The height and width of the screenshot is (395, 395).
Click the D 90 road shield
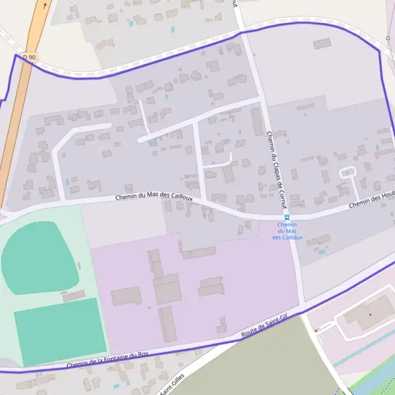pyautogui.click(x=29, y=58)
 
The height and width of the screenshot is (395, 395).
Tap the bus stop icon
pyautogui.click(x=286, y=218)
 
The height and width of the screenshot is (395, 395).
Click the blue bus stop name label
pyautogui.click(x=287, y=231)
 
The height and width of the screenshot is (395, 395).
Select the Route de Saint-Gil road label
pyautogui.click(x=265, y=328)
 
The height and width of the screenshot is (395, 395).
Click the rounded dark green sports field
pyautogui.click(x=39, y=257)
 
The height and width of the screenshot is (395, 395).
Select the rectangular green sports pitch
pyautogui.click(x=60, y=331)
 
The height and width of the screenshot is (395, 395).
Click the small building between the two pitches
pyautogui.click(x=73, y=296)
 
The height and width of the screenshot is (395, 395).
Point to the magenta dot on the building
pyautogui.click(x=370, y=314)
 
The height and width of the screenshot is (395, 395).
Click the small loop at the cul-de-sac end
pyautogui.click(x=347, y=172)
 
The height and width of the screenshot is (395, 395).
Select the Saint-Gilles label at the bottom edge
pyautogui.click(x=175, y=382)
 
